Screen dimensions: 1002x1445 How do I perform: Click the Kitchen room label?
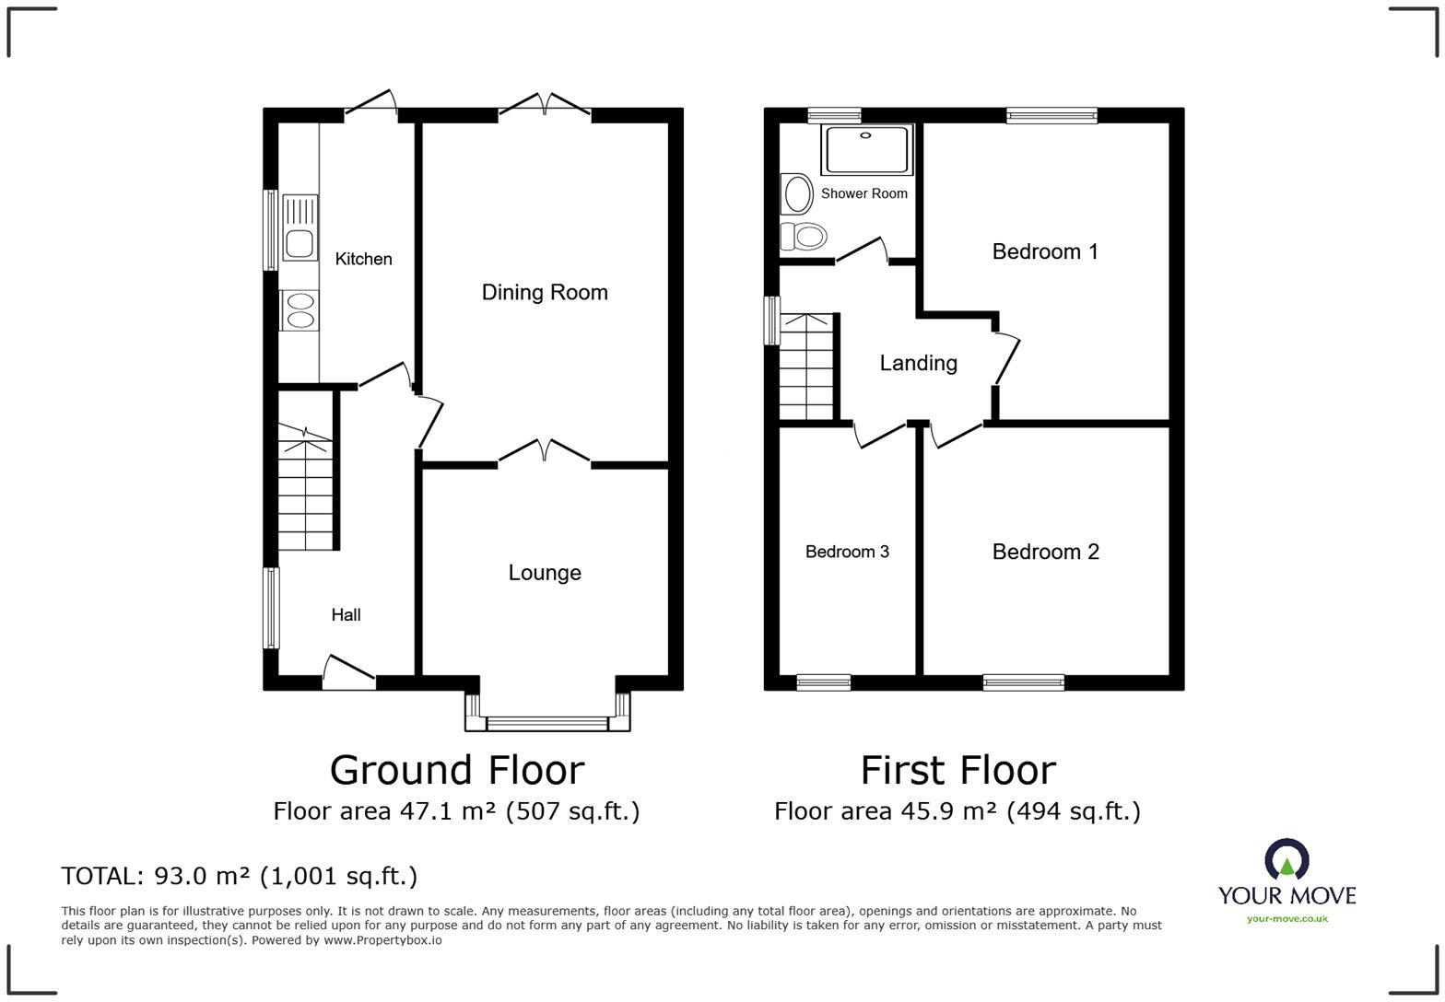coord(363,259)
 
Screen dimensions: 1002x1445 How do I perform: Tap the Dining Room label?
coord(545,293)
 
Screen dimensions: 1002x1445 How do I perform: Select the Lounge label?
coord(545,573)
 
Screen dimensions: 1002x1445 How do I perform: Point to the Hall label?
coord(346,615)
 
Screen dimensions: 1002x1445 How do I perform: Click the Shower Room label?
coord(863,193)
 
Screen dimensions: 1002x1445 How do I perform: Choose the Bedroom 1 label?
coord(1045,251)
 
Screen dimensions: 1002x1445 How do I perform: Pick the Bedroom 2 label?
coord(1045,552)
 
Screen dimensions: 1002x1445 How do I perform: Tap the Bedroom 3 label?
coord(847,552)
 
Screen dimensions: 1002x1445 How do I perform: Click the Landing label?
coord(918,363)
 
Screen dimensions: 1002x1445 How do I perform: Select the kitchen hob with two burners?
coord(300,309)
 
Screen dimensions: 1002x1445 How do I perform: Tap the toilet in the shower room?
coord(803,237)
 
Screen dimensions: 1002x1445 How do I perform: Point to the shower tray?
coord(866,149)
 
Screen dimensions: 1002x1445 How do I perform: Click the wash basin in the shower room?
coord(795,194)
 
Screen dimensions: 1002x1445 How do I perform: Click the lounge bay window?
coord(547,722)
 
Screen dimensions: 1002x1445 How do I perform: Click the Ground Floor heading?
coord(456,770)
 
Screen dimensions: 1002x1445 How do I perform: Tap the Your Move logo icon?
coord(1286,859)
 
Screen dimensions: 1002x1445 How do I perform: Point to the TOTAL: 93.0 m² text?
coord(239,876)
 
